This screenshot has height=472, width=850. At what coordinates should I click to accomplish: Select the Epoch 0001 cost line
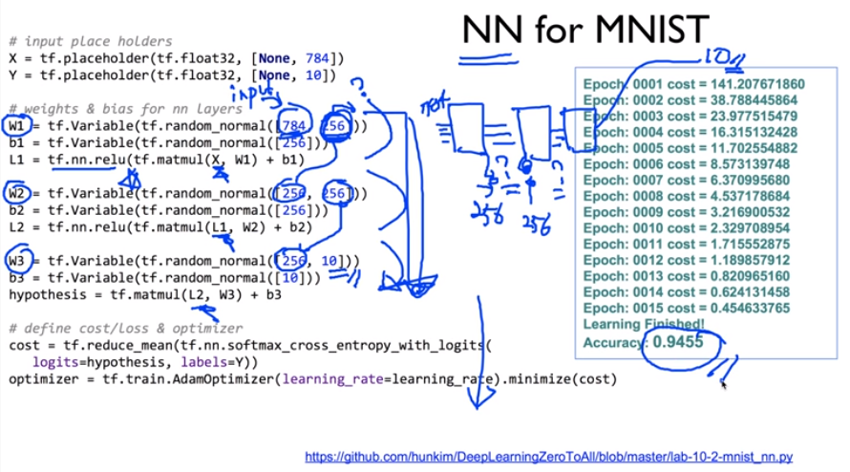pyautogui.click(x=694, y=84)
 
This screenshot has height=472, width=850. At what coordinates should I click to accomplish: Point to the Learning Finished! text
pyautogui.click(x=644, y=324)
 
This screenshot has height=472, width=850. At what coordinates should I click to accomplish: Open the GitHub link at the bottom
pyautogui.click(x=548, y=457)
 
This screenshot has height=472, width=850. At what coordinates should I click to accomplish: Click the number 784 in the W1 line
pyautogui.click(x=295, y=126)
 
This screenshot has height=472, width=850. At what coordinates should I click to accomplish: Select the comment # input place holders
pyautogui.click(x=90, y=41)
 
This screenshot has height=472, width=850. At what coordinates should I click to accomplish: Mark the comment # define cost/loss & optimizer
pyautogui.click(x=121, y=329)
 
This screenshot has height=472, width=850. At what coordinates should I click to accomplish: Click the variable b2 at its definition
pyautogui.click(x=17, y=210)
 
